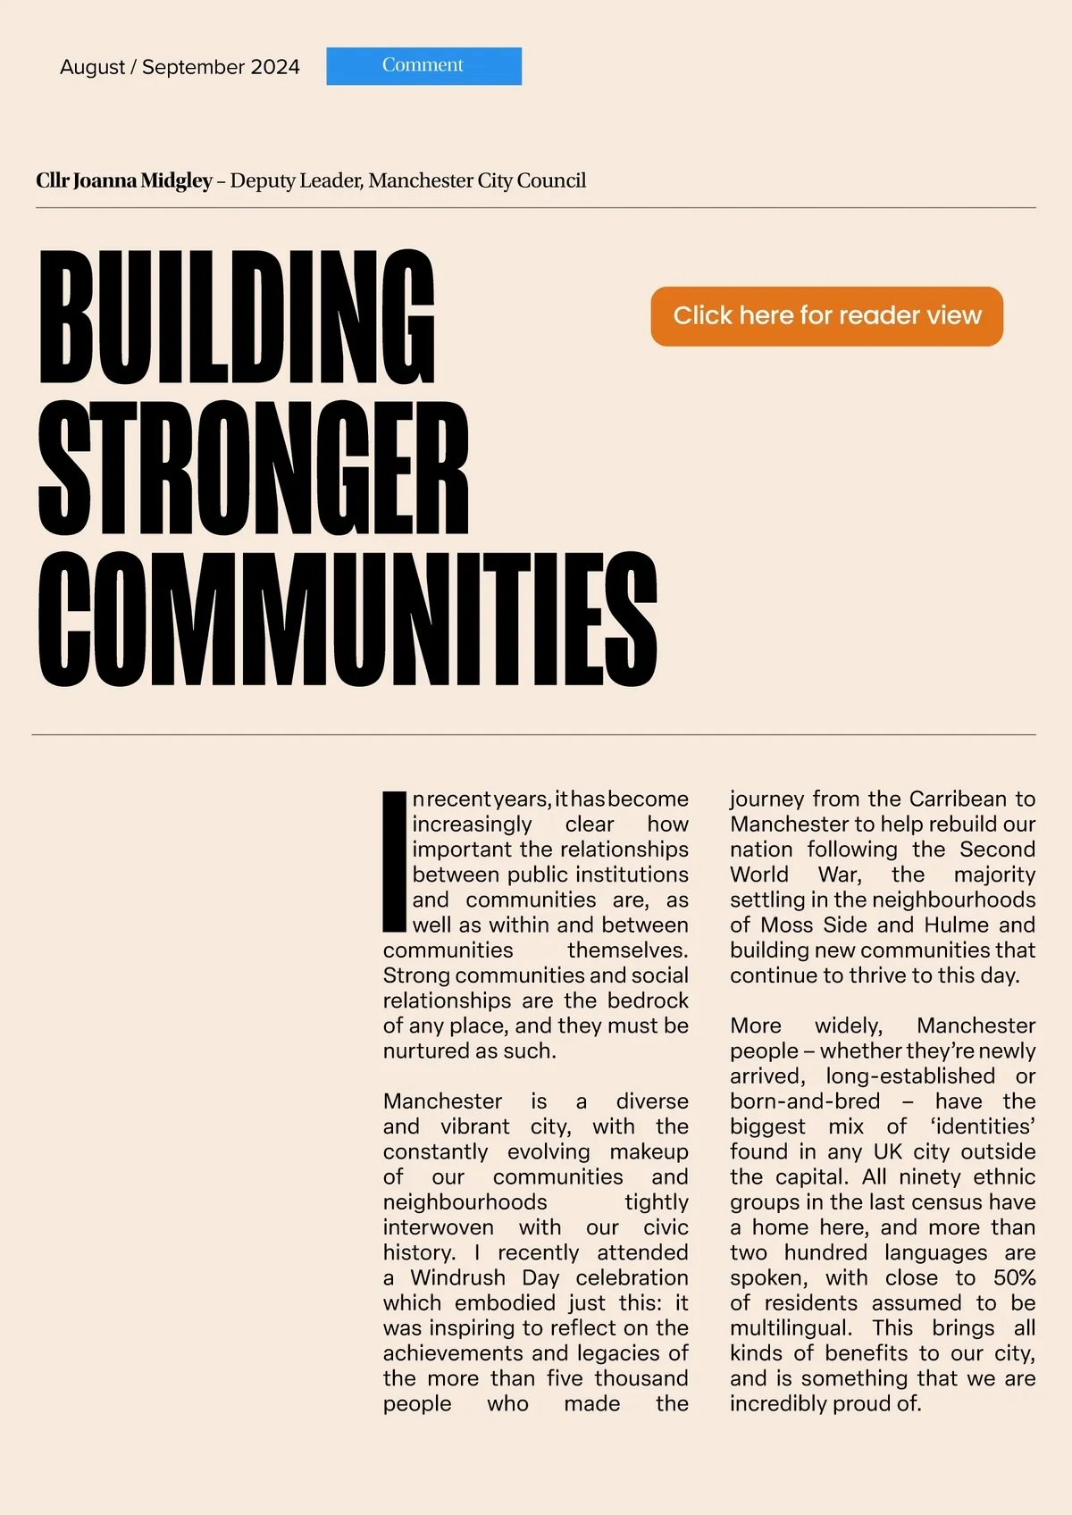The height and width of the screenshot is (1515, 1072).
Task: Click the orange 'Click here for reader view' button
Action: click(x=826, y=316)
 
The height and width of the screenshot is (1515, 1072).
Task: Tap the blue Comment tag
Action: click(x=423, y=66)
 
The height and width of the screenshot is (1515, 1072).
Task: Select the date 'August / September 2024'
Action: click(x=180, y=67)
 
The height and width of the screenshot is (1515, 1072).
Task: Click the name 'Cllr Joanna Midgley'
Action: click(x=124, y=180)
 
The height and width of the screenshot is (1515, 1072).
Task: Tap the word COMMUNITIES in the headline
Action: click(x=348, y=619)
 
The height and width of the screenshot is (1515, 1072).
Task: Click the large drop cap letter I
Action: click(x=394, y=860)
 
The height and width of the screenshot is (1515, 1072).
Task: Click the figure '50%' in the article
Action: click(x=1014, y=1277)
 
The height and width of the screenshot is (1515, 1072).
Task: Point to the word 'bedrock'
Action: click(x=648, y=1000)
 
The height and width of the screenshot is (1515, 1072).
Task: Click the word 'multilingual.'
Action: click(x=791, y=1328)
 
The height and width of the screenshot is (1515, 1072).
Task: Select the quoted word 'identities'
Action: click(x=983, y=1126)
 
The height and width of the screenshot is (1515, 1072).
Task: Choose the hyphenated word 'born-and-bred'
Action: click(x=805, y=1101)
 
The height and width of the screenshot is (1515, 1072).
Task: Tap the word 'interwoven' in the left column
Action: click(x=438, y=1227)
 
